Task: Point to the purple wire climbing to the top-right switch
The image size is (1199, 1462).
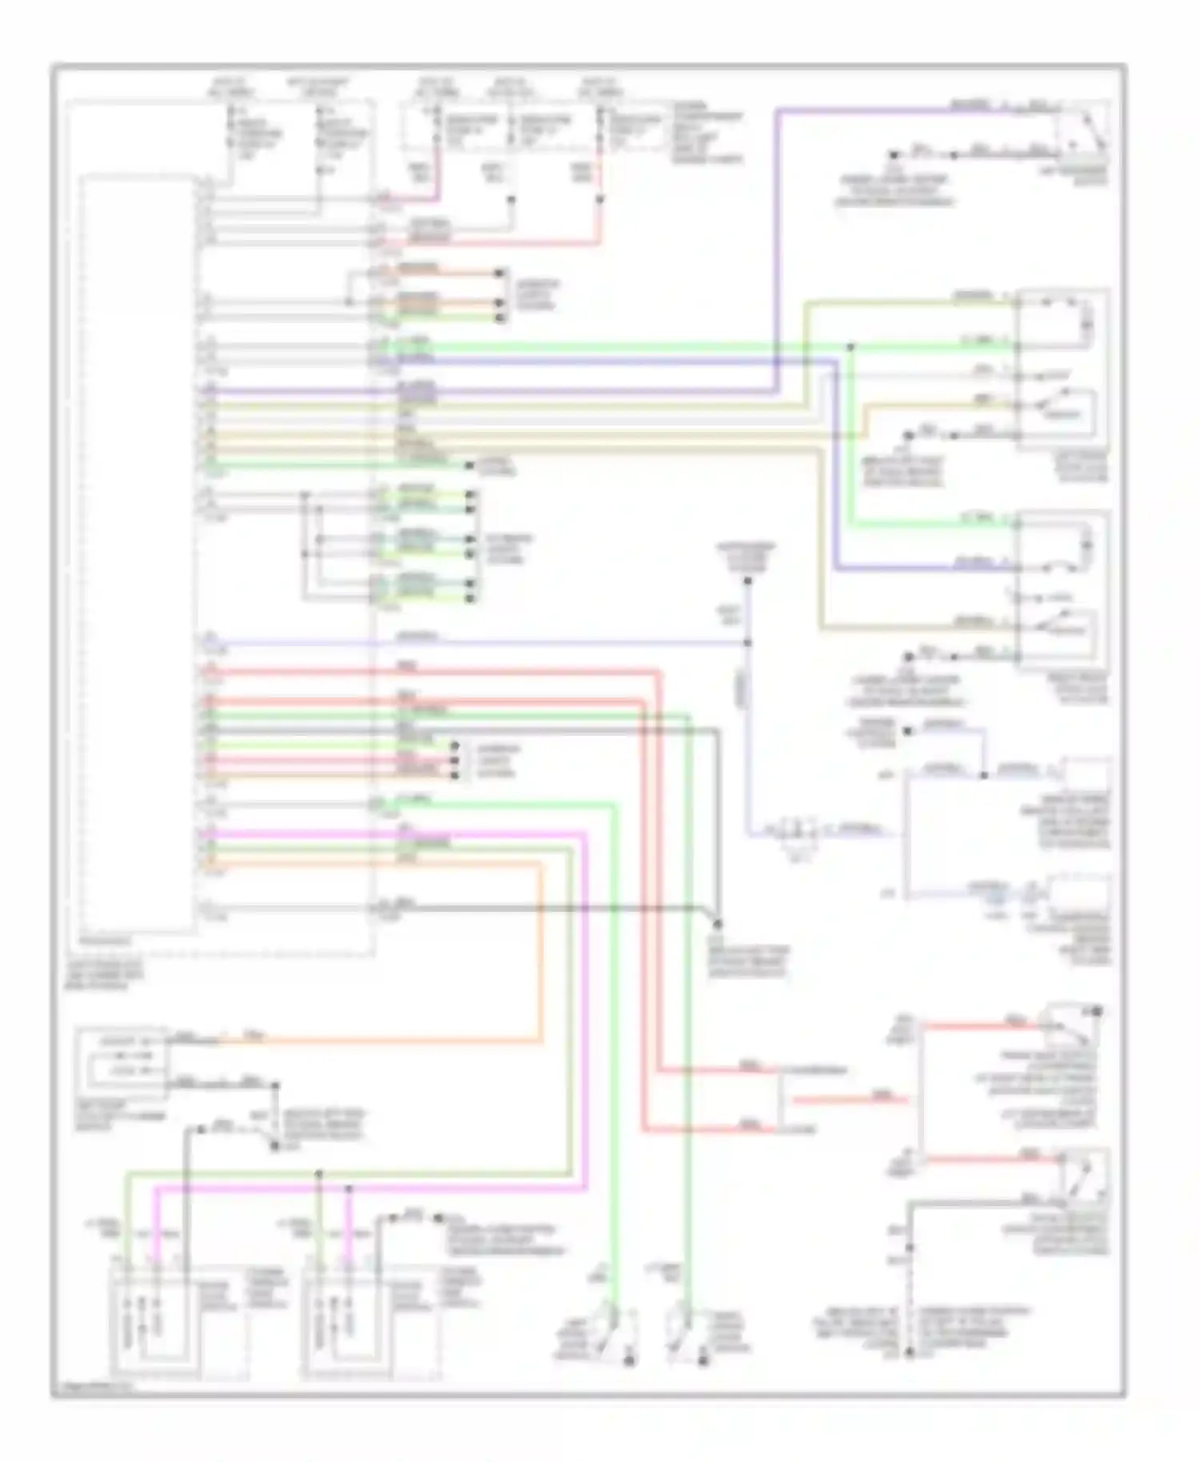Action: [x=778, y=240]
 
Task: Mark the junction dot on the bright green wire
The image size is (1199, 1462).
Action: [x=850, y=346]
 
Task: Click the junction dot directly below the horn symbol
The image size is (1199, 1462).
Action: [x=747, y=642]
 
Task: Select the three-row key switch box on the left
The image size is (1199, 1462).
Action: [x=121, y=1061]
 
